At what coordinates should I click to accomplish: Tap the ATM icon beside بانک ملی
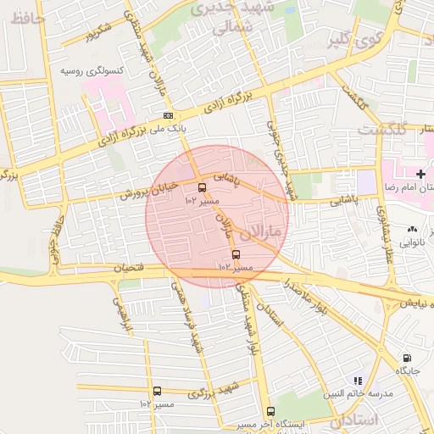click(x=168, y=116)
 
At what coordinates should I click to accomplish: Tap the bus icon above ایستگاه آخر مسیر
click(x=270, y=411)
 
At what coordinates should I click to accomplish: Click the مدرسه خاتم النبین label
click(x=358, y=394)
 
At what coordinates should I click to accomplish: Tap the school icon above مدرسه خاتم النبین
click(x=358, y=381)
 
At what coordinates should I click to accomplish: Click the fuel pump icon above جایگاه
click(x=408, y=359)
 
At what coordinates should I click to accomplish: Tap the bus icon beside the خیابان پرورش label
click(x=202, y=188)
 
